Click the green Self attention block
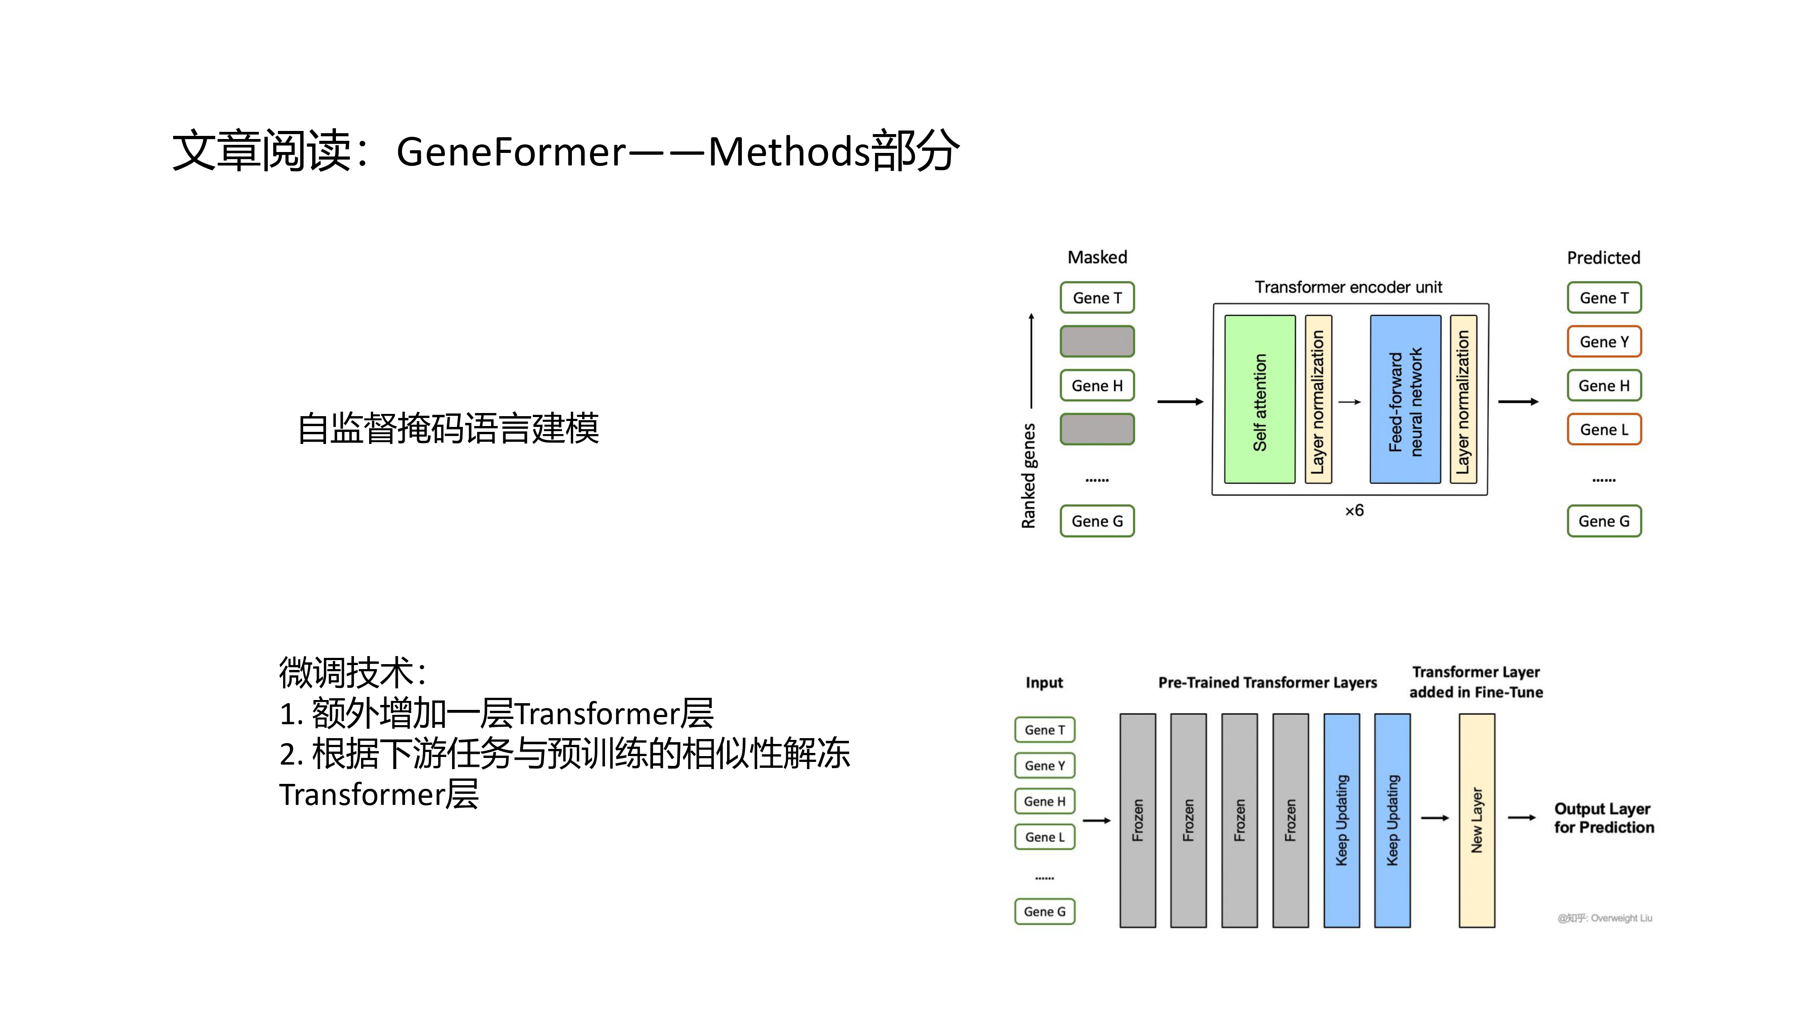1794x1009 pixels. coord(1259,399)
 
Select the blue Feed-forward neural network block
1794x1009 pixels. coord(1405,399)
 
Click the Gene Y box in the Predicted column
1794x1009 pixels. coord(1604,342)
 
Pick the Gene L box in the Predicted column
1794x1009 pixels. coord(1604,430)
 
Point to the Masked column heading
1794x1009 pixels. coord(1097,258)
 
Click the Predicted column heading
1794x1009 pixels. coord(1603,258)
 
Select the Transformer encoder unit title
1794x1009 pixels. coord(1348,287)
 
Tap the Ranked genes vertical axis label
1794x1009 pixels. coord(1028,476)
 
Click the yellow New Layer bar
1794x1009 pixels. coord(1476,820)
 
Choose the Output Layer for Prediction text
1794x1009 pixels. coord(1603,818)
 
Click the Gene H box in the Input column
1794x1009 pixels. coord(1045,801)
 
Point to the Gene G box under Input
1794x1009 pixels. coord(1045,912)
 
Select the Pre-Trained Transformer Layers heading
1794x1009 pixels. coord(1267,683)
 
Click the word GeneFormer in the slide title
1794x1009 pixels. coord(511,152)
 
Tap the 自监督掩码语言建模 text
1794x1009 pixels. coord(448,428)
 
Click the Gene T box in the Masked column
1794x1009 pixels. coord(1097,298)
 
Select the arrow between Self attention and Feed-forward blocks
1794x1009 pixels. coord(1350,402)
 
